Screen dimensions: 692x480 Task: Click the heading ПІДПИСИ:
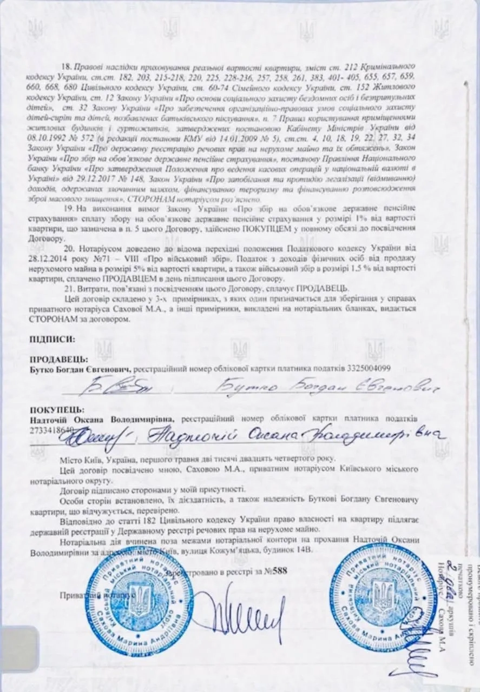(52, 340)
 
